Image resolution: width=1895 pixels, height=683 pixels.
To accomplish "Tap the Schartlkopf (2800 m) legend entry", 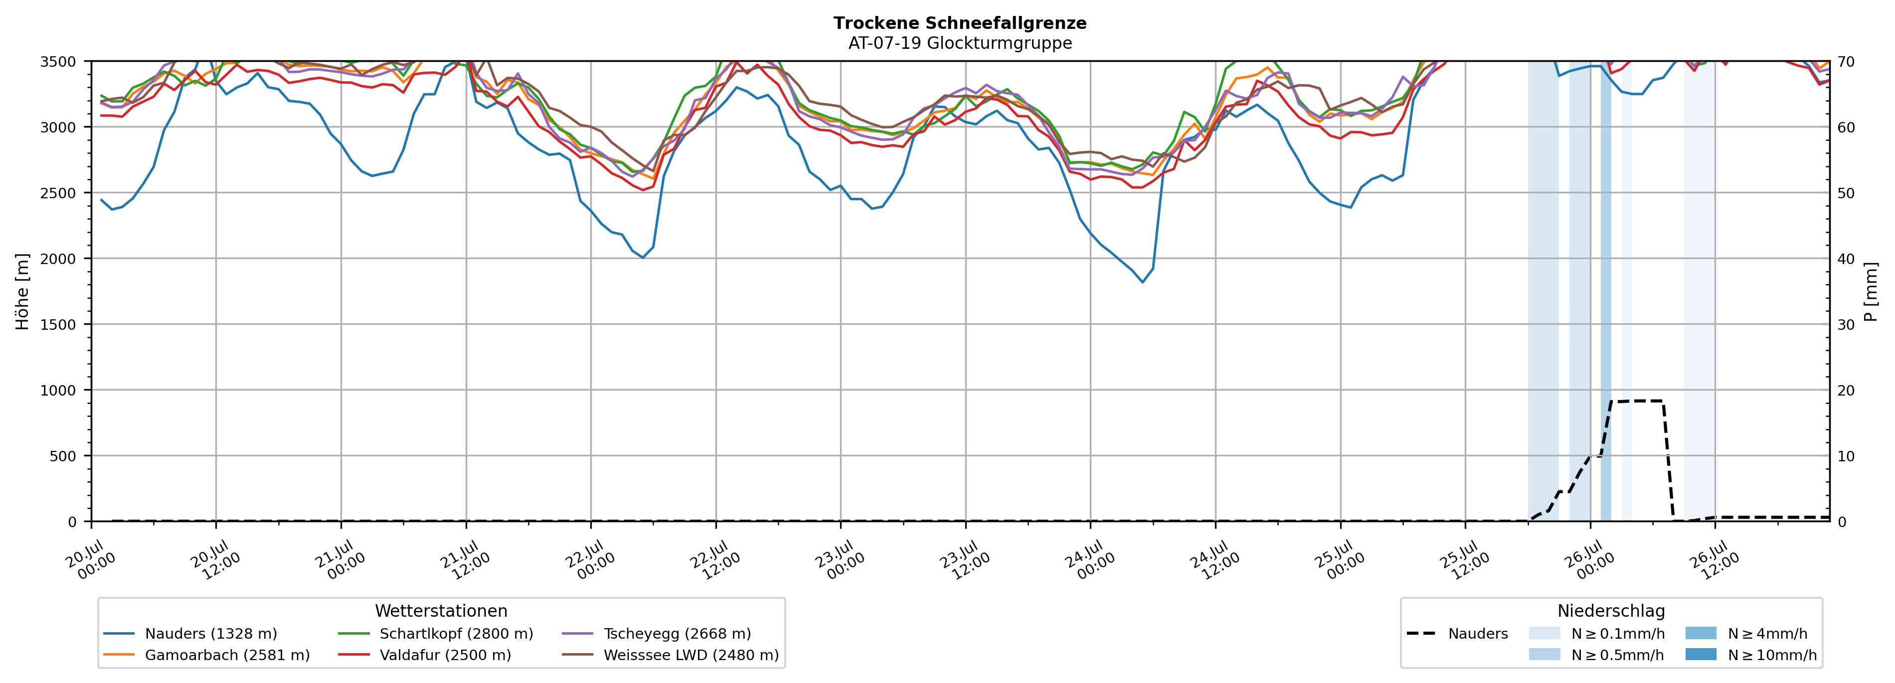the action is pos(436,634).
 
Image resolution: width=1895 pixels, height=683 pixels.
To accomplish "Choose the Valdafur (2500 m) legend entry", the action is pos(424,655).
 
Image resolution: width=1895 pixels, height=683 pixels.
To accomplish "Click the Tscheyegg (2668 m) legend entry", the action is pos(656,634).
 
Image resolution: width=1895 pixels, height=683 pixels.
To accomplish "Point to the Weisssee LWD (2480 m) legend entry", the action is pos(670,655).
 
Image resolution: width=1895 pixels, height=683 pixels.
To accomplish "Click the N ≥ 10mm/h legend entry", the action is pos(1751,655).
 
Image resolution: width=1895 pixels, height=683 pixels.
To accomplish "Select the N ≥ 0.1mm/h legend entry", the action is pos(1596,634).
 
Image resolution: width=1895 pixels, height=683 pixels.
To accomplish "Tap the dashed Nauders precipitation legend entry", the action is pos(1457,634).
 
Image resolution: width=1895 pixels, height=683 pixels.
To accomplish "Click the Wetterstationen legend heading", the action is pos(441,611).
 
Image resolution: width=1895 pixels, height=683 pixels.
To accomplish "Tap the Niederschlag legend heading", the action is pos(1611,611).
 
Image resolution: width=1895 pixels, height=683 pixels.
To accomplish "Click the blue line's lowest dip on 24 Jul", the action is pos(1143,282).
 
